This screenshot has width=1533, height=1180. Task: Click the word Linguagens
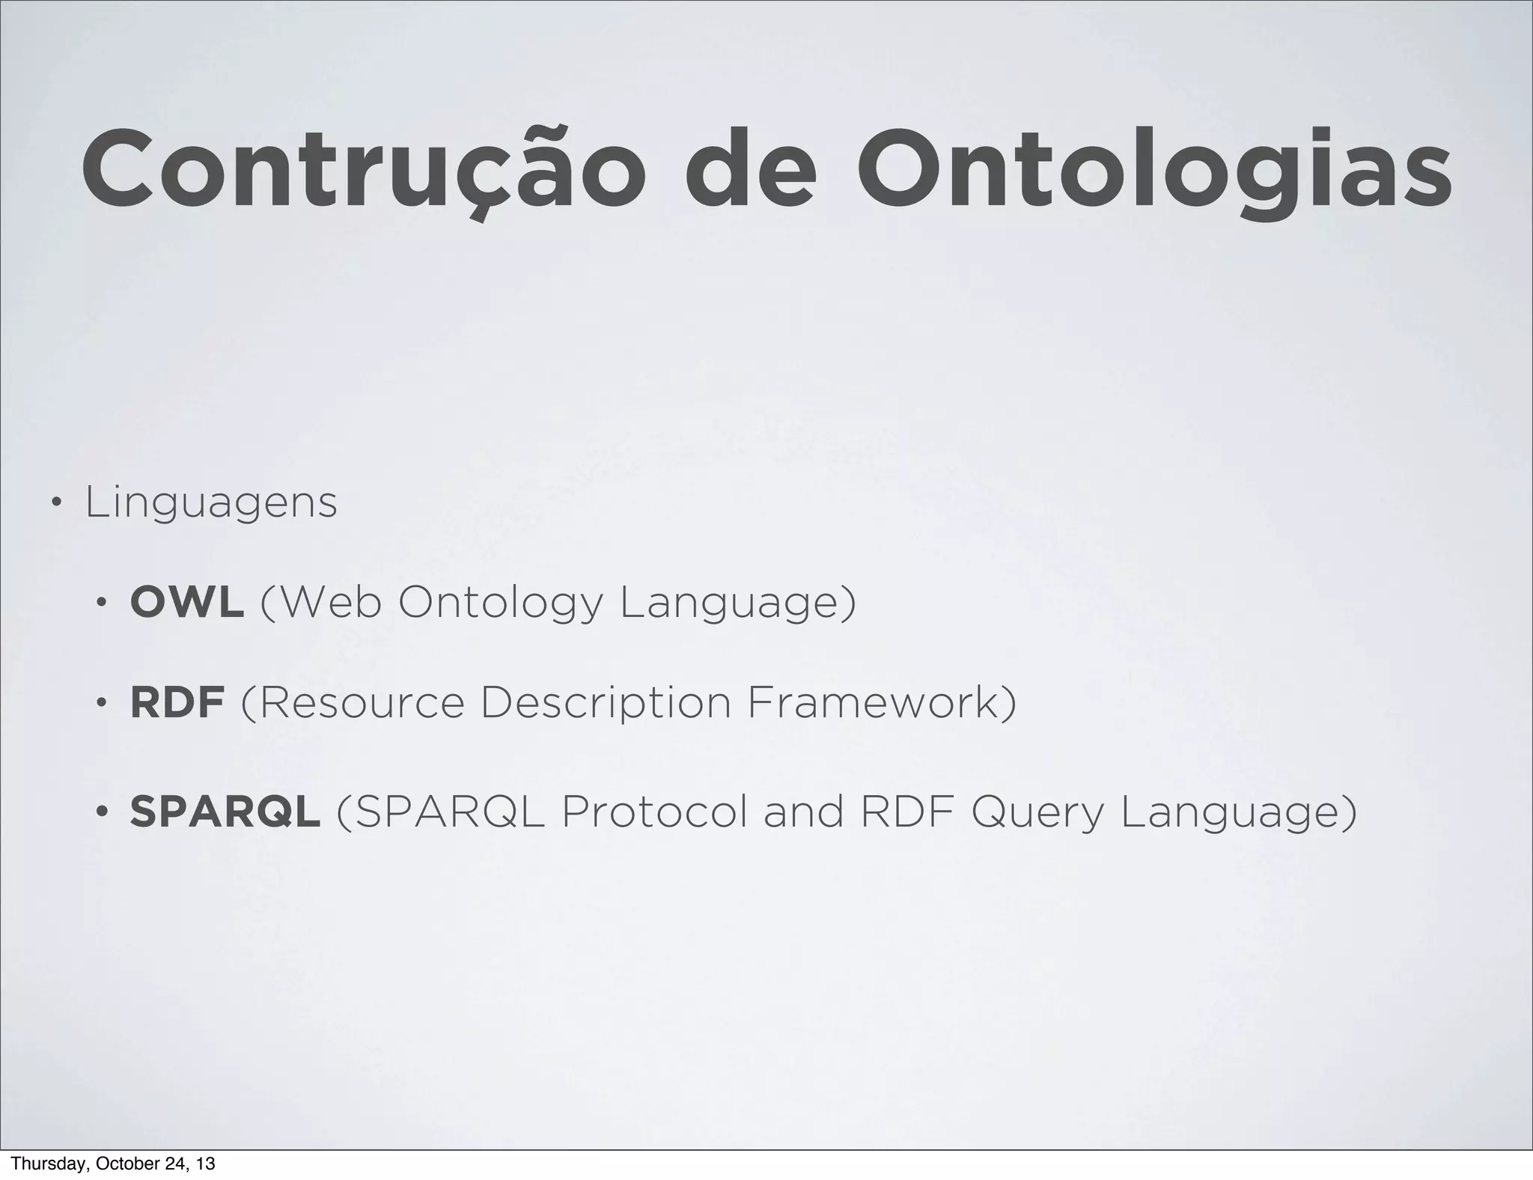(211, 503)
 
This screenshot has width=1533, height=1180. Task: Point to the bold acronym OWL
(186, 602)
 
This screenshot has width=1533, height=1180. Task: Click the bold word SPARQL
(225, 812)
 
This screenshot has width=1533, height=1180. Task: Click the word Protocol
(654, 812)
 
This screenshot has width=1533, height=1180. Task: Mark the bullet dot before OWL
(101, 603)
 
